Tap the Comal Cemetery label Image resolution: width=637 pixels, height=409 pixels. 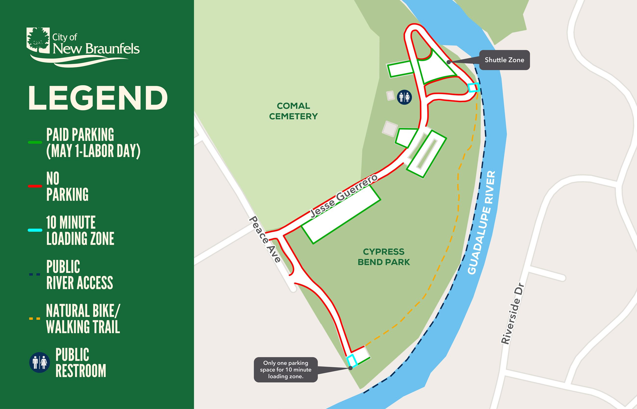[293, 111]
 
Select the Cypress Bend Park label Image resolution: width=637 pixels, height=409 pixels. [384, 257]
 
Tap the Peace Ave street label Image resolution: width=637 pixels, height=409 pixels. [265, 239]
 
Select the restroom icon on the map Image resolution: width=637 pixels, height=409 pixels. [404, 97]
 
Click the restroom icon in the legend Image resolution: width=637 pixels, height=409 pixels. [39, 362]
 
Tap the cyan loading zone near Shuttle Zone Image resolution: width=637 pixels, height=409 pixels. [473, 87]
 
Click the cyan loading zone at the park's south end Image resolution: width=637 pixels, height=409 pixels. [352, 361]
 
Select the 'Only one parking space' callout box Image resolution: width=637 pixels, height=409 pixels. [285, 370]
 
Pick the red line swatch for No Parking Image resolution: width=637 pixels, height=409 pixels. [35, 186]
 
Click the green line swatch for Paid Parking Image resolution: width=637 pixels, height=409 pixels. [35, 142]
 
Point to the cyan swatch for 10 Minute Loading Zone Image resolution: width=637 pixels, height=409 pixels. [35, 230]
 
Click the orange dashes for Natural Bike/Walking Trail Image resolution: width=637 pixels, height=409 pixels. [35, 319]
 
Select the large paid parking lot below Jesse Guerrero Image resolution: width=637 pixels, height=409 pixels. [341, 214]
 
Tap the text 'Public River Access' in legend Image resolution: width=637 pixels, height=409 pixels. [80, 275]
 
